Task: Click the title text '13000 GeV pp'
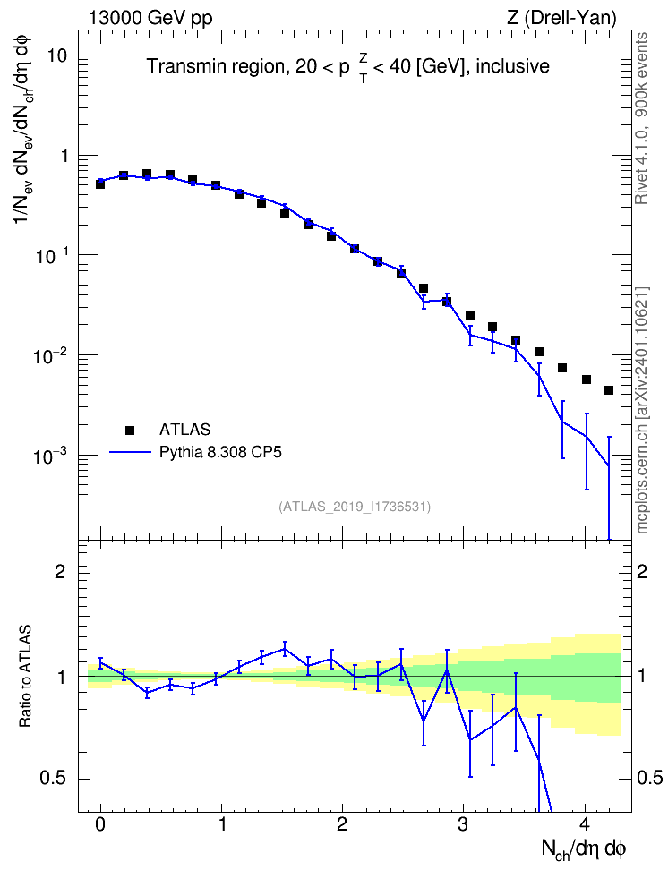coord(150,18)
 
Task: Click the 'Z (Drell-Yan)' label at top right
coord(561,18)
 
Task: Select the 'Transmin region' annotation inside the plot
coord(216,66)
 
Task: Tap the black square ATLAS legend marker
coord(130,430)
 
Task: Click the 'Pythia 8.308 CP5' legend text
coord(220,453)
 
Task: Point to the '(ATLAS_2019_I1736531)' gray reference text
coord(355,507)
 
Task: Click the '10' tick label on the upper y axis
coord(56,55)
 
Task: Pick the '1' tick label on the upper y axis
coord(64,156)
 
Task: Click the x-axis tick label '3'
coord(463,823)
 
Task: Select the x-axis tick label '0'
coord(100,823)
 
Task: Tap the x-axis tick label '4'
coord(585,823)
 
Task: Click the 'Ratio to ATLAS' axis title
coord(26,677)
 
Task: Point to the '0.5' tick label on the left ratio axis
coord(54,779)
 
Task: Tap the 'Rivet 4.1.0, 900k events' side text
coord(641,118)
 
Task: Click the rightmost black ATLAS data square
coord(609,390)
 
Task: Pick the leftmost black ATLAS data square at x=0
coord(100,184)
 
